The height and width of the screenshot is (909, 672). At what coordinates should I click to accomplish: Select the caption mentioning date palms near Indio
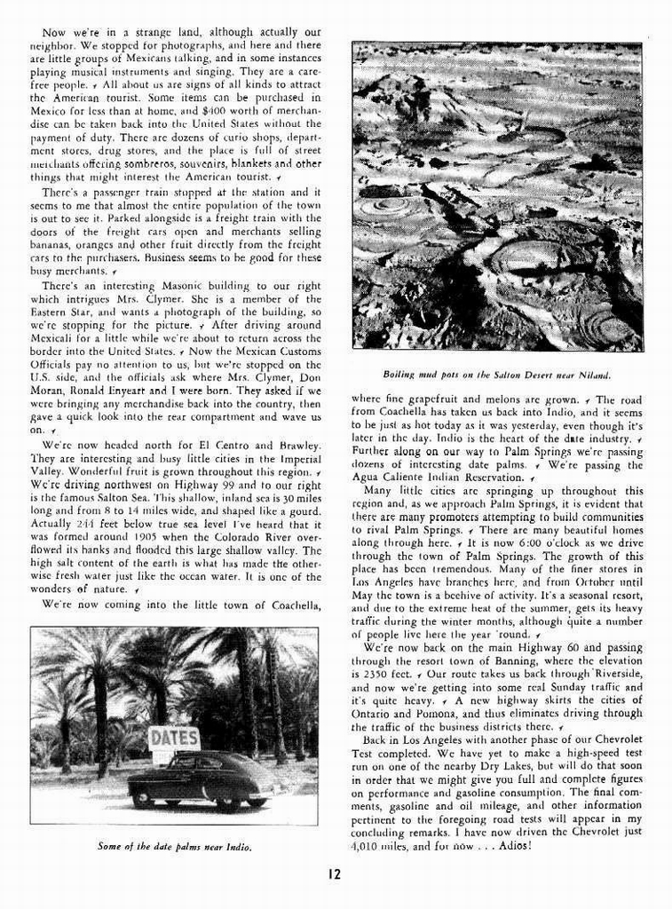click(x=175, y=846)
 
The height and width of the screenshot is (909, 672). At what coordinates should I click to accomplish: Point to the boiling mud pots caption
click(x=496, y=374)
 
